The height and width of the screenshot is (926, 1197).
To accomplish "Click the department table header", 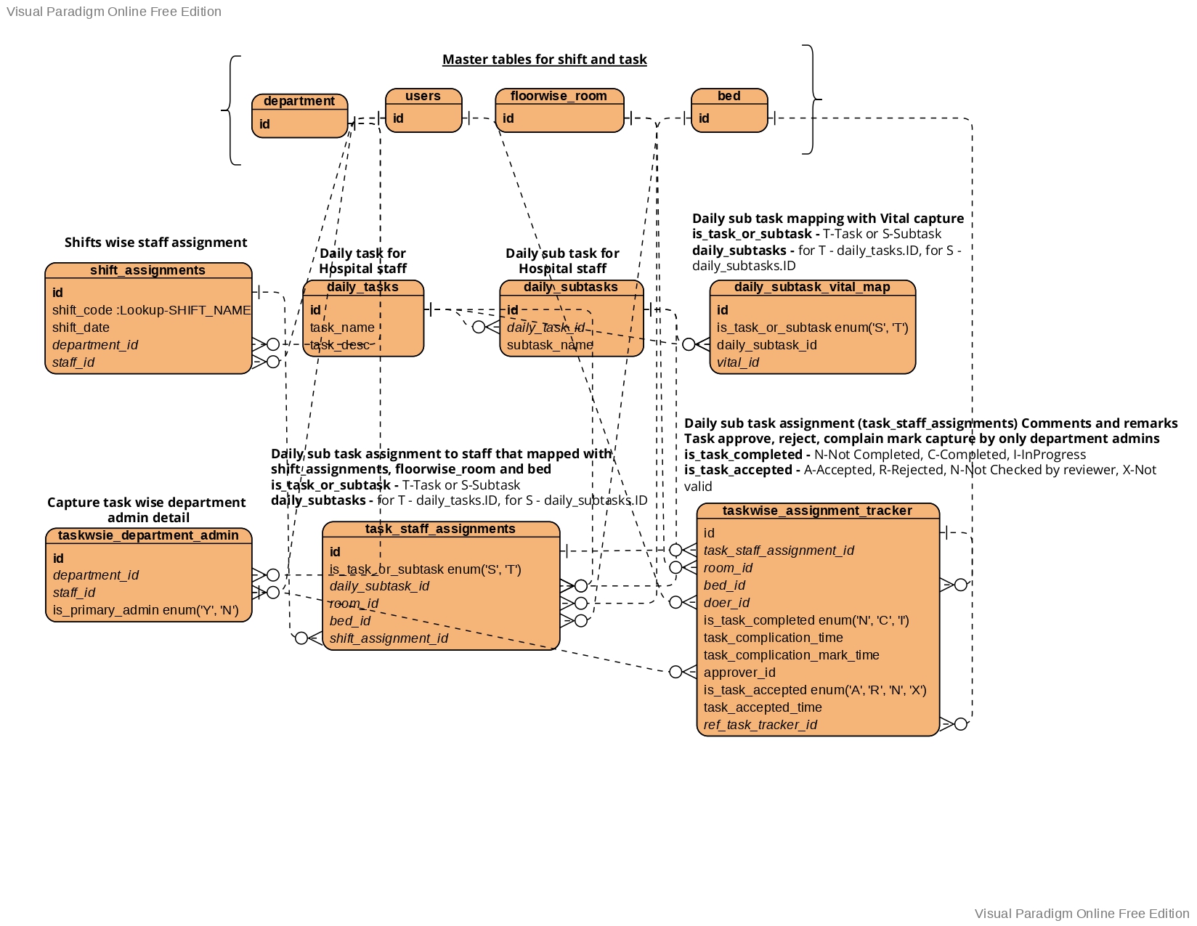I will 299,102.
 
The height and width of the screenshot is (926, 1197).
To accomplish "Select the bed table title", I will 729,96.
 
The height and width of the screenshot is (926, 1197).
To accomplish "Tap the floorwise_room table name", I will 559,96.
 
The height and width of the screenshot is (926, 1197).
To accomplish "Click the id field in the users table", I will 399,118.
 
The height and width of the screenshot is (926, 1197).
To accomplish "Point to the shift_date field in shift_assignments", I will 81,328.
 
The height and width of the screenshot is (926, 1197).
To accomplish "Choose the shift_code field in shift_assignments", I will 151,310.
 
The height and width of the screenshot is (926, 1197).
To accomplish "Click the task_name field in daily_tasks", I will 342,328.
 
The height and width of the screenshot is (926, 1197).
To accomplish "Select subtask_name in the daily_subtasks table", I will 550,345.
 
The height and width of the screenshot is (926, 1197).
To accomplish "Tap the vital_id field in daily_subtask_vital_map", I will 737,362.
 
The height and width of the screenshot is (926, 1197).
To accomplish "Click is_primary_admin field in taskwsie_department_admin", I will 145,610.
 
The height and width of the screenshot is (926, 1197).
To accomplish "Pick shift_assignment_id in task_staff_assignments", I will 389,638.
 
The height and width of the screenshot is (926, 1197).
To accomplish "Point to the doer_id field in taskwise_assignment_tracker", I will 726,603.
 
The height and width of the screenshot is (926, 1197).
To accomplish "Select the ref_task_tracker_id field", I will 760,725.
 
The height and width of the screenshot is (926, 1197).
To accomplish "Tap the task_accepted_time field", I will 763,707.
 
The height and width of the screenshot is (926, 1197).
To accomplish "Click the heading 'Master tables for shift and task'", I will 544,60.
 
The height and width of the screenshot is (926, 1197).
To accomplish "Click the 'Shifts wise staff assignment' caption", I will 155,243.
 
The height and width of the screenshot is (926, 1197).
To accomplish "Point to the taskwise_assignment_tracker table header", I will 817,511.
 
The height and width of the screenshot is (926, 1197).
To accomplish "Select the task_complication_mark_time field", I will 791,655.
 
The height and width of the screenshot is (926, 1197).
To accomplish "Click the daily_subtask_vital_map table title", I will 812,287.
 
